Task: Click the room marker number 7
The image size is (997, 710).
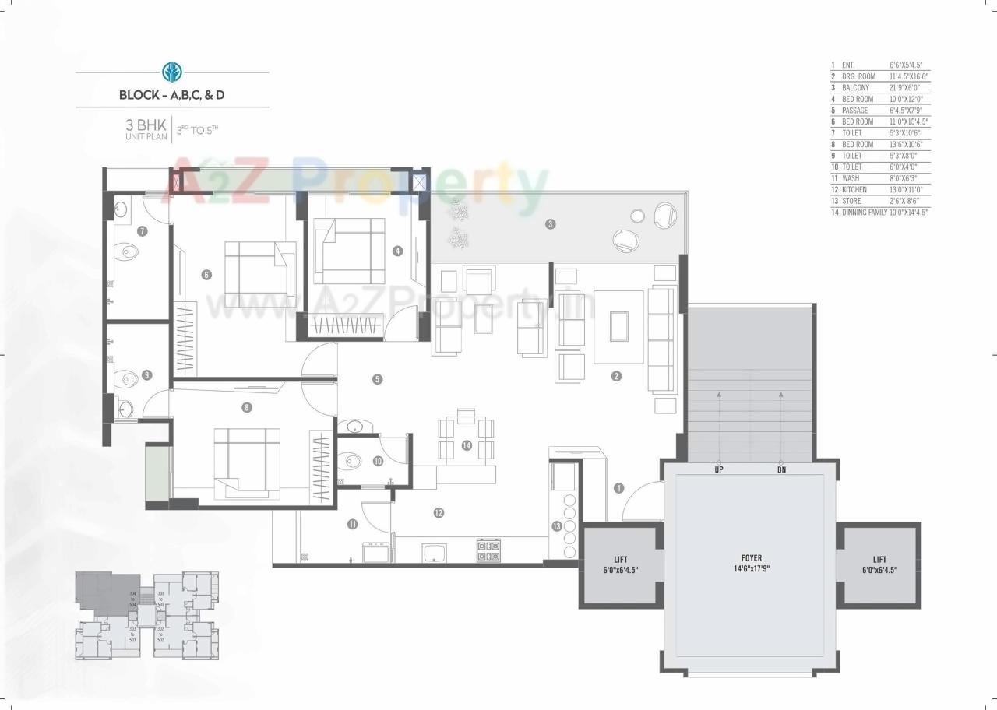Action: click(143, 231)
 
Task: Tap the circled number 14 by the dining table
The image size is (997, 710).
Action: click(466, 445)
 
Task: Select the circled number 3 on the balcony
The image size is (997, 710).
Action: click(551, 225)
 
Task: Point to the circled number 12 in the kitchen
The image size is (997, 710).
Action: click(439, 512)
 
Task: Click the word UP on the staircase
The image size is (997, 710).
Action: click(718, 470)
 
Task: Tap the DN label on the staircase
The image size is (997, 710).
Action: click(781, 470)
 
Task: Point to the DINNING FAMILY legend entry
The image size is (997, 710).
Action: click(864, 212)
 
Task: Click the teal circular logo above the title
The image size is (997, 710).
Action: click(171, 72)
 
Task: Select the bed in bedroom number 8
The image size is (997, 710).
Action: click(247, 461)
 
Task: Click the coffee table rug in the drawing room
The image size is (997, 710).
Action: click(618, 326)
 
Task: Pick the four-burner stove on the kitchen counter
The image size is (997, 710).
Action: click(488, 550)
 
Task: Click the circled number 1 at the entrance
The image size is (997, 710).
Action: click(618, 488)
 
